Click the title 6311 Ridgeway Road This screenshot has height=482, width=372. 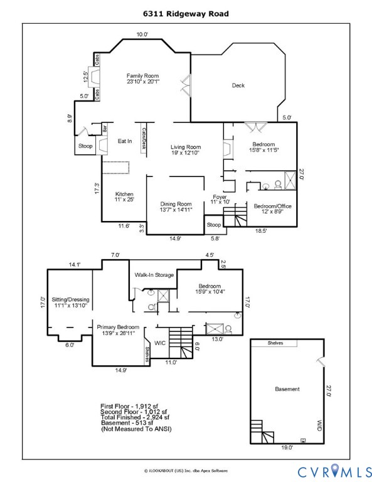point(185,13)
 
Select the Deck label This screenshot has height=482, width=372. point(238,86)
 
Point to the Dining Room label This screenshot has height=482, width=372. point(176,204)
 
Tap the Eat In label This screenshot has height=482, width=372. point(125,141)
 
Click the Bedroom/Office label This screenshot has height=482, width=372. point(272,206)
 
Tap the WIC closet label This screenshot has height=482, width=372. point(160,343)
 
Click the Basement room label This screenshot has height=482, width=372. point(287,389)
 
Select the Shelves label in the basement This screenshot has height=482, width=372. point(275,343)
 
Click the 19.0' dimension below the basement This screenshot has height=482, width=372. point(287,448)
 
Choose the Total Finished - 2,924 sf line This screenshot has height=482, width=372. point(135,417)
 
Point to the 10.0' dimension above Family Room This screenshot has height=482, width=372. point(142,35)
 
